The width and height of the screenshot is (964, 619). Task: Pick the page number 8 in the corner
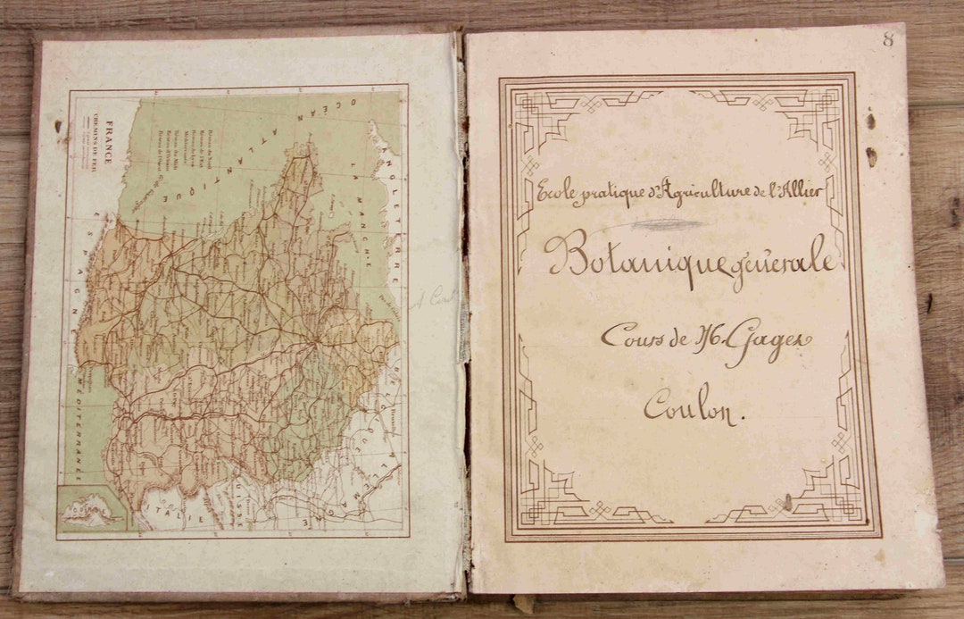[x=887, y=39]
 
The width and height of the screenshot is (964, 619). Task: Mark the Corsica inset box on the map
[x=90, y=510]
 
